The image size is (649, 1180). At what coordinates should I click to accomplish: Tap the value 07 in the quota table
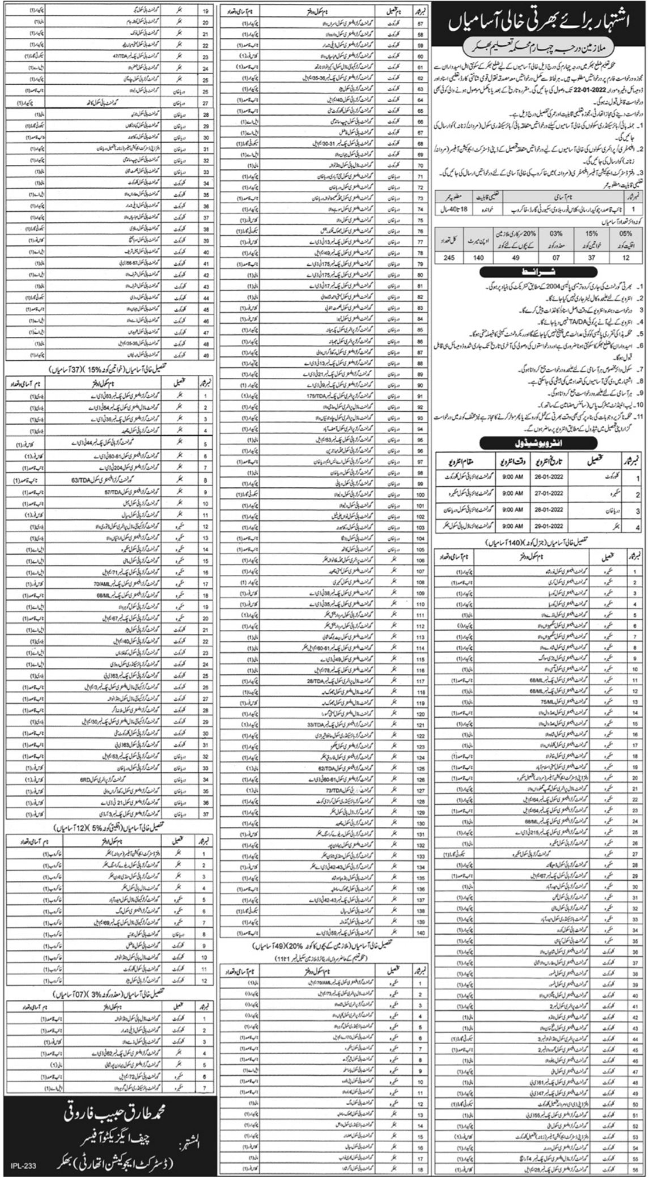coord(555,257)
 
